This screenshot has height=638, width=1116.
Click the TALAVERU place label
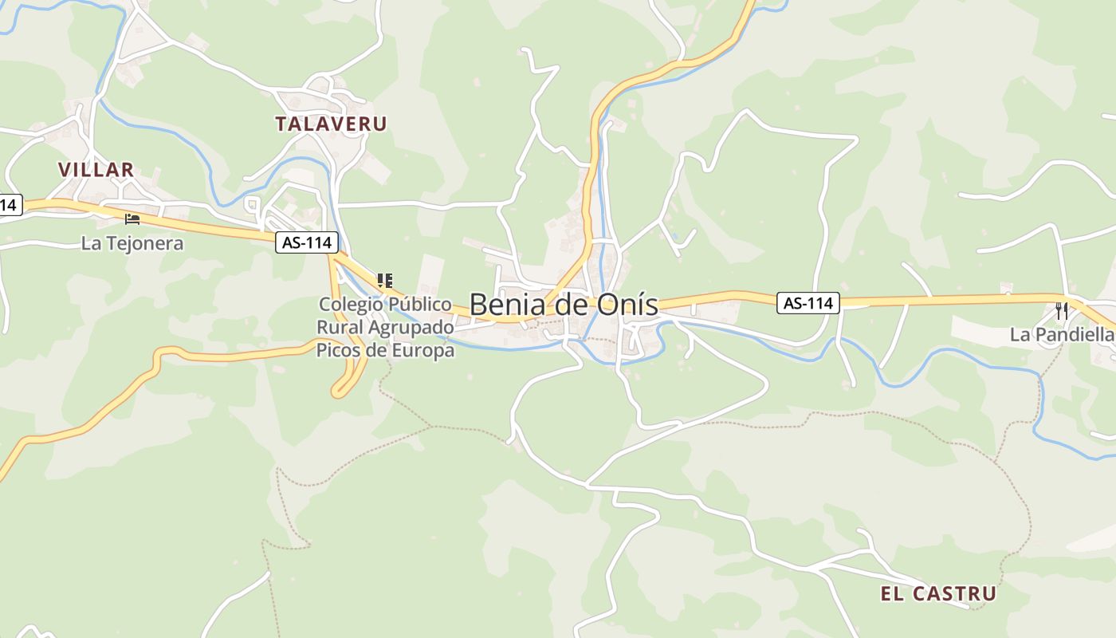pos(331,124)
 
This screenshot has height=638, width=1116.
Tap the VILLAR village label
pos(96,170)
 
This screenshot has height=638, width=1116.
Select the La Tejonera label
pos(132,243)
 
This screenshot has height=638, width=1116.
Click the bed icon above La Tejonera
pos(132,219)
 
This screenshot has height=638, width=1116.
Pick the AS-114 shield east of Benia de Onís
pos(808,303)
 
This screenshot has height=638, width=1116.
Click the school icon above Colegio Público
pos(385,281)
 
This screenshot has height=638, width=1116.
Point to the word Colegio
pos(347,305)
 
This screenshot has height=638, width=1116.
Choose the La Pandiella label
pos(1061,335)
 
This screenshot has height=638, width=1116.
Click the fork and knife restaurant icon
pos(1061,311)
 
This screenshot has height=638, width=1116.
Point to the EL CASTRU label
pos(938,593)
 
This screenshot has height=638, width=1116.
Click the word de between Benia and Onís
pos(568,305)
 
